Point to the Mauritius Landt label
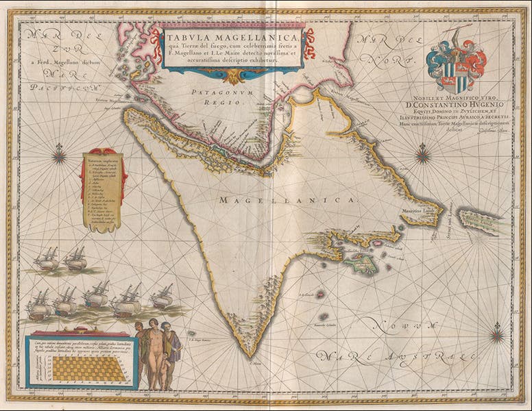click(x=419, y=213)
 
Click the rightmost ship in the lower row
click(x=162, y=298)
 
